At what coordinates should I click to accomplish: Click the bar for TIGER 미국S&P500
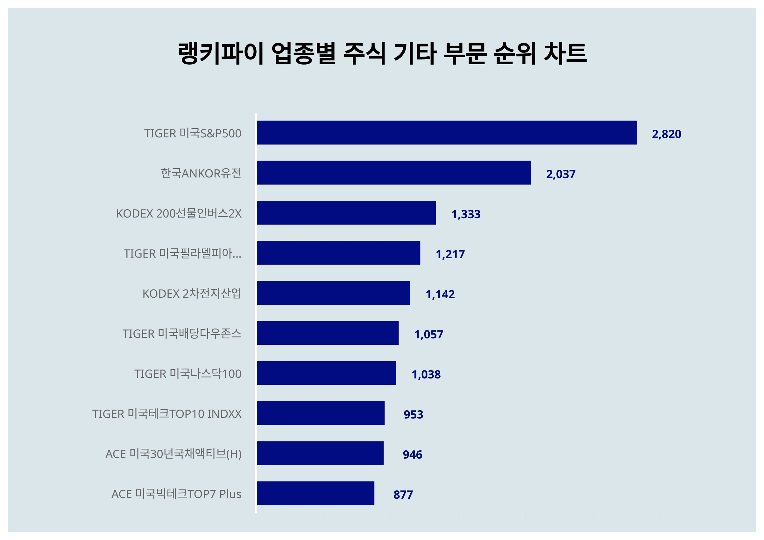(x=446, y=133)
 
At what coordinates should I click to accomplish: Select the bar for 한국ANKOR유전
(x=394, y=173)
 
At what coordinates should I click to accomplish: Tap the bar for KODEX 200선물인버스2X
(x=346, y=213)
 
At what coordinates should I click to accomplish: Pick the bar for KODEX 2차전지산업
(x=333, y=293)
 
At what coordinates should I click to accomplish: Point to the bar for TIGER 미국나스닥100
(x=326, y=373)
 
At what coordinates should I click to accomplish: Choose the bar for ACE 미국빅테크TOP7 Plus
(x=315, y=493)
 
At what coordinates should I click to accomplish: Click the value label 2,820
(x=666, y=134)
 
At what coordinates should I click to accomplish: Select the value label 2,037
(x=561, y=174)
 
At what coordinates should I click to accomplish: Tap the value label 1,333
(x=465, y=214)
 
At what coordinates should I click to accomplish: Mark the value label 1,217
(x=450, y=254)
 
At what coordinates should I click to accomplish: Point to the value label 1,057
(x=428, y=335)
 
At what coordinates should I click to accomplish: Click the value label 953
(x=413, y=415)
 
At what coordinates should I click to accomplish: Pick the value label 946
(x=412, y=454)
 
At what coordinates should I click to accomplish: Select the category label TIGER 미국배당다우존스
(x=182, y=334)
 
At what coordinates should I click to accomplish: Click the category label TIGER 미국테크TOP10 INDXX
(x=167, y=414)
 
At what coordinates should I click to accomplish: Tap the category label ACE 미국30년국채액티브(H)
(x=173, y=454)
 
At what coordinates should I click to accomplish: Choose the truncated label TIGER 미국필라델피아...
(x=182, y=253)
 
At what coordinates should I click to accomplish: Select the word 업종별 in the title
(x=303, y=53)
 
